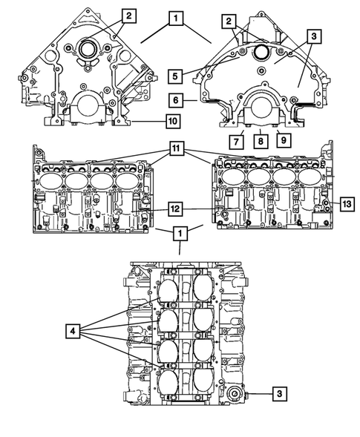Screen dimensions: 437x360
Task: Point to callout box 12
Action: pos(174,209)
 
